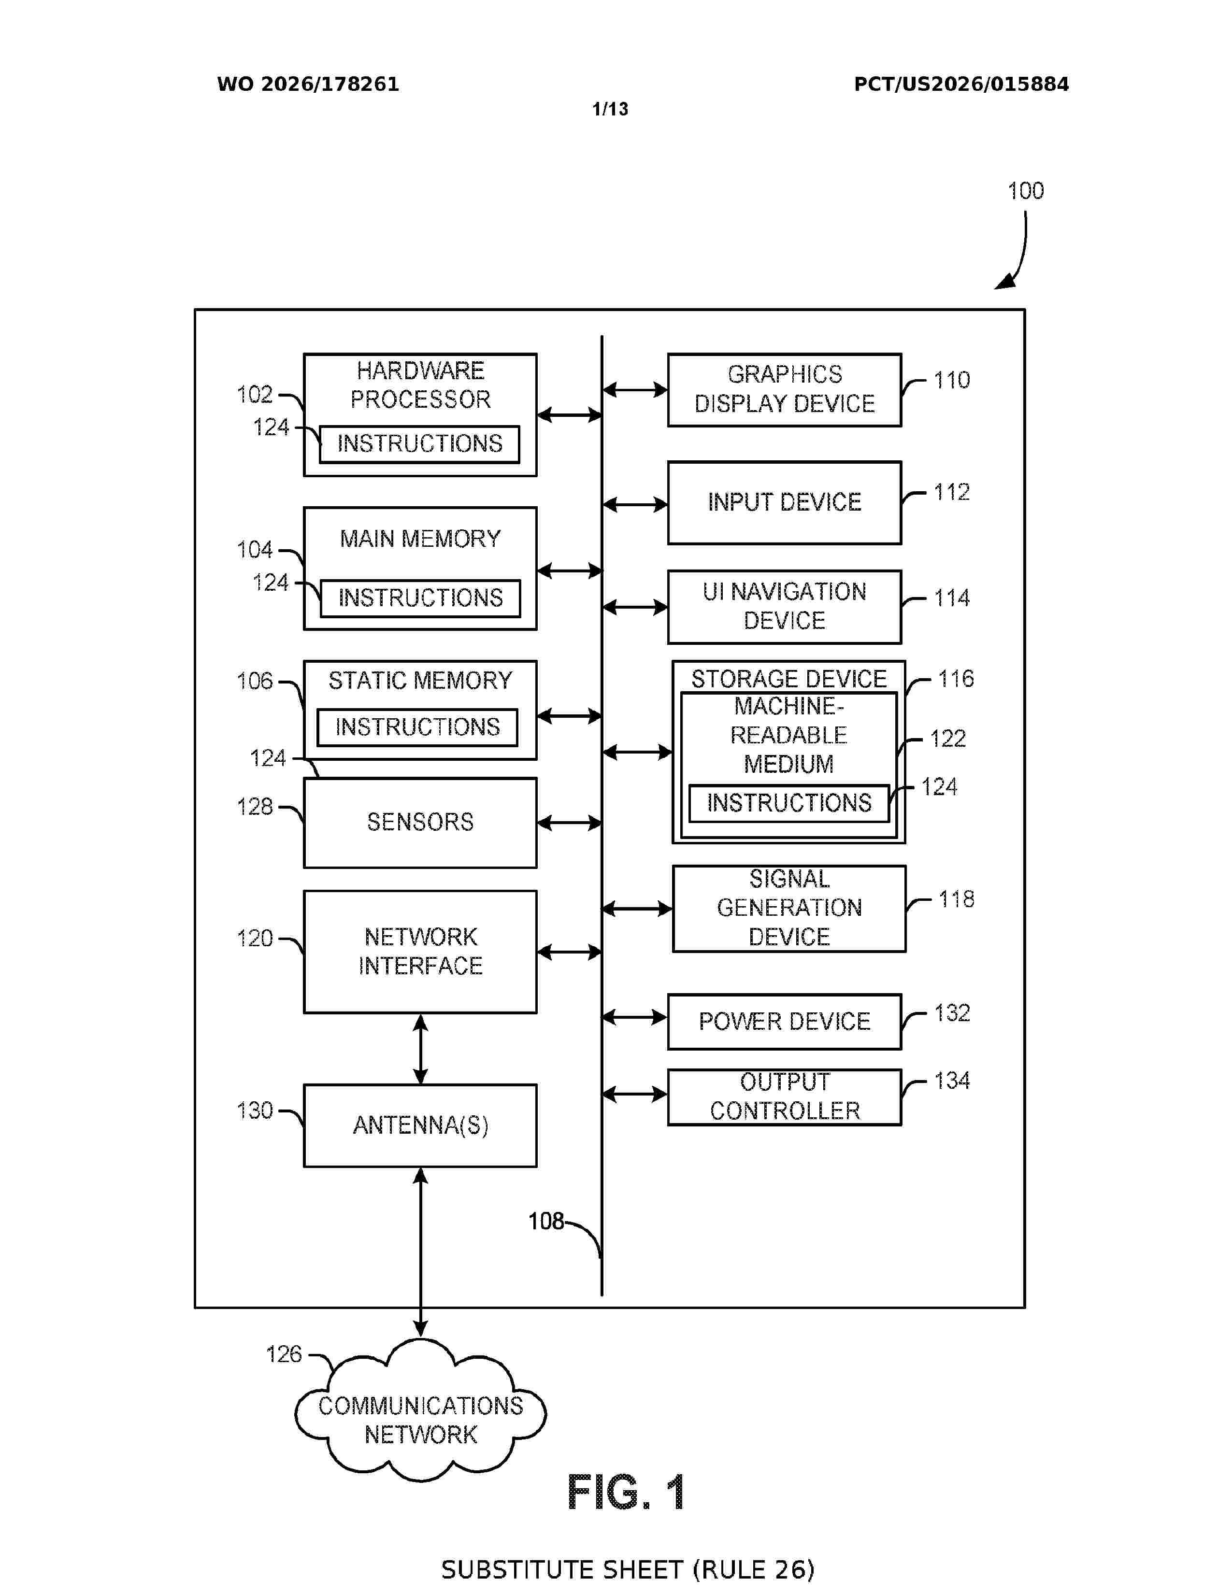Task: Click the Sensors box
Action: pyautogui.click(x=420, y=823)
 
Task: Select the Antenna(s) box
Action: pyautogui.click(x=420, y=1124)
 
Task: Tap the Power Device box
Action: pyautogui.click(x=785, y=1021)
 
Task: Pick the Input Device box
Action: pyautogui.click(x=785, y=502)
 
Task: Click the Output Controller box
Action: pyautogui.click(x=785, y=1097)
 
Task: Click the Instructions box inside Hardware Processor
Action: pyautogui.click(x=420, y=444)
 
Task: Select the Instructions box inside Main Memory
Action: pyautogui.click(x=420, y=598)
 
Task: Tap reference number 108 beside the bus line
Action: pyautogui.click(x=546, y=1221)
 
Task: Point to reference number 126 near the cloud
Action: pyautogui.click(x=284, y=1354)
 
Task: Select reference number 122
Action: pyautogui.click(x=947, y=739)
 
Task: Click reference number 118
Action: pyautogui.click(x=956, y=899)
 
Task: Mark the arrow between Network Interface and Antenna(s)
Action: pyautogui.click(x=420, y=1049)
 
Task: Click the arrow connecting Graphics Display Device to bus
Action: pyautogui.click(x=635, y=390)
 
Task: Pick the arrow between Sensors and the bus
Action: pyautogui.click(x=569, y=823)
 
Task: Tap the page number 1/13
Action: pyautogui.click(x=610, y=110)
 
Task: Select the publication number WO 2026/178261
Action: pyautogui.click(x=308, y=85)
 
